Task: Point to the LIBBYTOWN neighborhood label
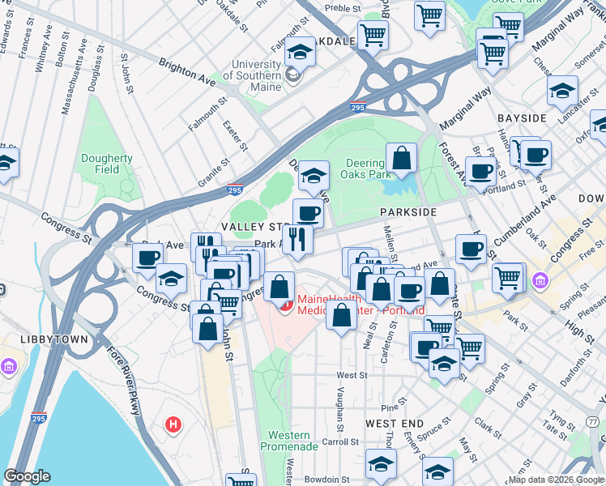click(x=35, y=335)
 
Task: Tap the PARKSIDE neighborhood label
click(x=408, y=211)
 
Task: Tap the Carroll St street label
click(x=340, y=442)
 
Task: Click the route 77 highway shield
click(x=595, y=421)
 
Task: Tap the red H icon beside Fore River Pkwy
click(x=172, y=424)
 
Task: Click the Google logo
click(x=28, y=475)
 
